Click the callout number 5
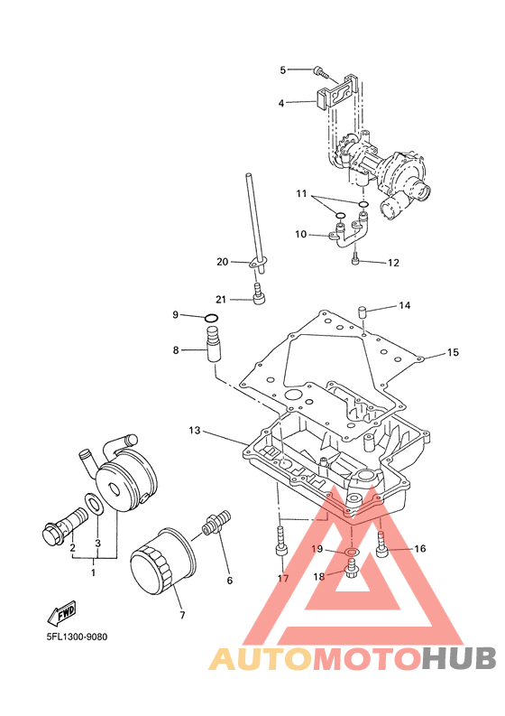click(283, 70)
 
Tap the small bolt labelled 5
click(321, 71)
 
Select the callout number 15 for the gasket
click(453, 352)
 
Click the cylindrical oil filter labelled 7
click(163, 561)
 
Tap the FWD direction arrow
click(61, 613)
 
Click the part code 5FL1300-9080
click(77, 637)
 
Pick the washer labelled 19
click(351, 553)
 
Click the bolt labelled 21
click(259, 292)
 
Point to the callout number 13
click(195, 430)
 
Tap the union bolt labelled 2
click(64, 525)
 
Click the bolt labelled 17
click(281, 541)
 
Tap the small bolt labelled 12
click(356, 258)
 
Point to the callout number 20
click(222, 262)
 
